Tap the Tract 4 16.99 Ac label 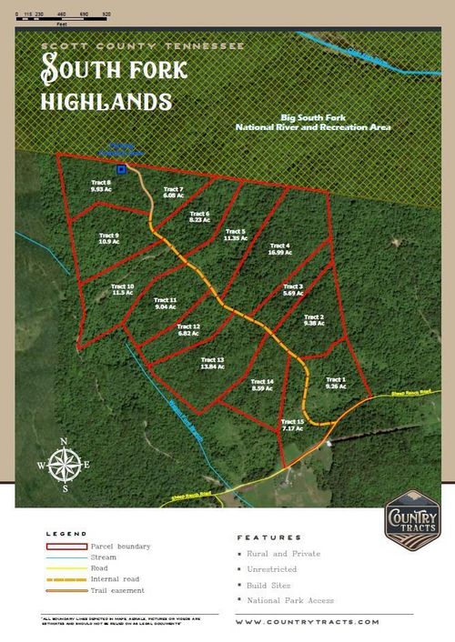point(278,249)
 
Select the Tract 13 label point(213,363)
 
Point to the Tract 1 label point(337,382)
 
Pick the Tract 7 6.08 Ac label point(175,192)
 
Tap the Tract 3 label point(293,290)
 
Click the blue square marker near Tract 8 point(121,169)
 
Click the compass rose point(64,466)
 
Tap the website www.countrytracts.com point(307,622)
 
